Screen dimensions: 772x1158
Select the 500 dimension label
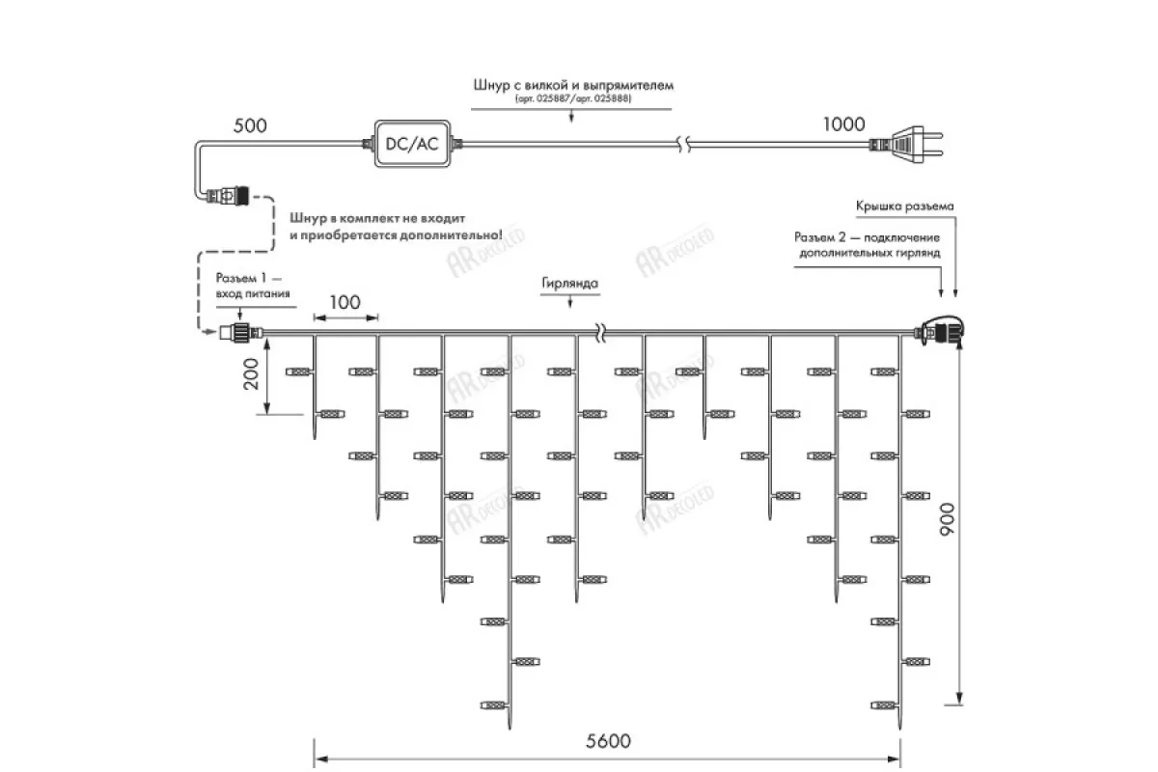(x=250, y=126)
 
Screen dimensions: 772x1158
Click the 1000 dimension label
(x=843, y=124)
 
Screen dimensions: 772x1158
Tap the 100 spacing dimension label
(x=345, y=303)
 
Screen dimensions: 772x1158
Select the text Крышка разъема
(x=904, y=207)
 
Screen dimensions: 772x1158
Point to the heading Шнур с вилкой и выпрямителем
(x=572, y=85)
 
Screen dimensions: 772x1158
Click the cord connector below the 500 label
(x=224, y=198)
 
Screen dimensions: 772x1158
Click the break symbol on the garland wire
(x=600, y=334)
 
